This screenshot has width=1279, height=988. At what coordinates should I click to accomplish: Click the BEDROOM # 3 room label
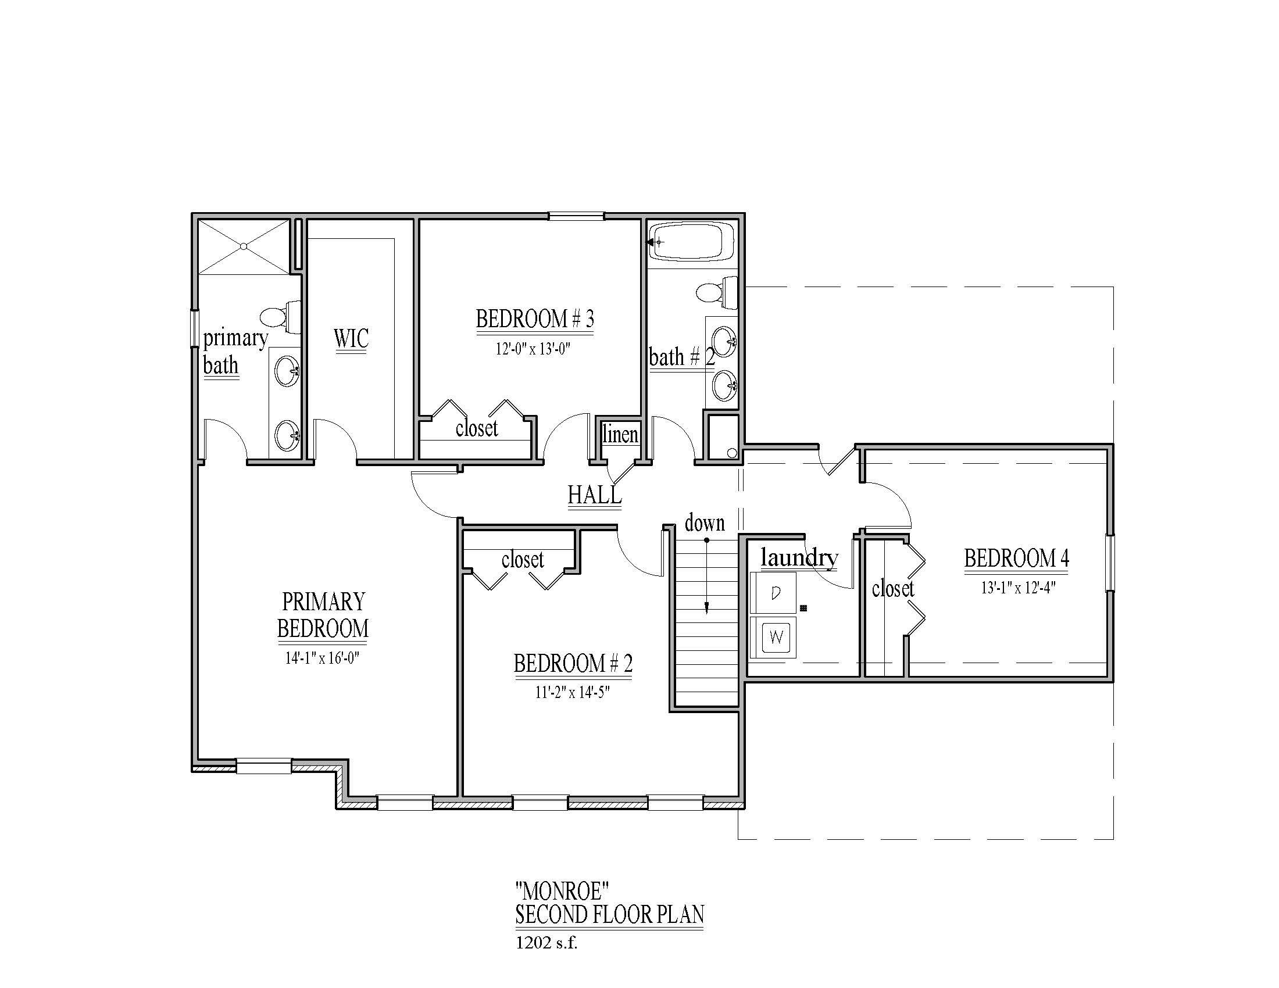click(535, 320)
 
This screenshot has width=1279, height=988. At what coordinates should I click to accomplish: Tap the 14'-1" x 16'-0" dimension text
click(322, 658)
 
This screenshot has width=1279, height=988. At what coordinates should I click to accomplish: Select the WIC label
click(351, 338)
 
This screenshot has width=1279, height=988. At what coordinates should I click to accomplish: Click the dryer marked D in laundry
click(774, 593)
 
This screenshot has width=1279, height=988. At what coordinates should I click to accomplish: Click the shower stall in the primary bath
click(244, 246)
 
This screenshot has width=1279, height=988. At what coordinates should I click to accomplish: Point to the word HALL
click(594, 495)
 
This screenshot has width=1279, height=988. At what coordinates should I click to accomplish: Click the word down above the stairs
click(705, 522)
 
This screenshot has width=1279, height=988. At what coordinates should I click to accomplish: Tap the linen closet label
click(620, 434)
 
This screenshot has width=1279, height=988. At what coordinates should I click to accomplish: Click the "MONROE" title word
click(562, 892)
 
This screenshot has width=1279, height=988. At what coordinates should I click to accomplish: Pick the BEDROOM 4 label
click(1017, 559)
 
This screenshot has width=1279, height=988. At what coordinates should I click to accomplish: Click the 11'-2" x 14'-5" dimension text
click(573, 692)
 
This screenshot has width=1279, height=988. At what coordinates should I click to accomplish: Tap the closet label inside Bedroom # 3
click(477, 428)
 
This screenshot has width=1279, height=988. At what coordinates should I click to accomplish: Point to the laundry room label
click(799, 558)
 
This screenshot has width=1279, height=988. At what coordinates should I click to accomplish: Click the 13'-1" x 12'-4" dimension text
click(1018, 588)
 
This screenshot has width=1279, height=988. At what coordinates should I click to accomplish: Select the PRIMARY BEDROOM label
click(323, 614)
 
